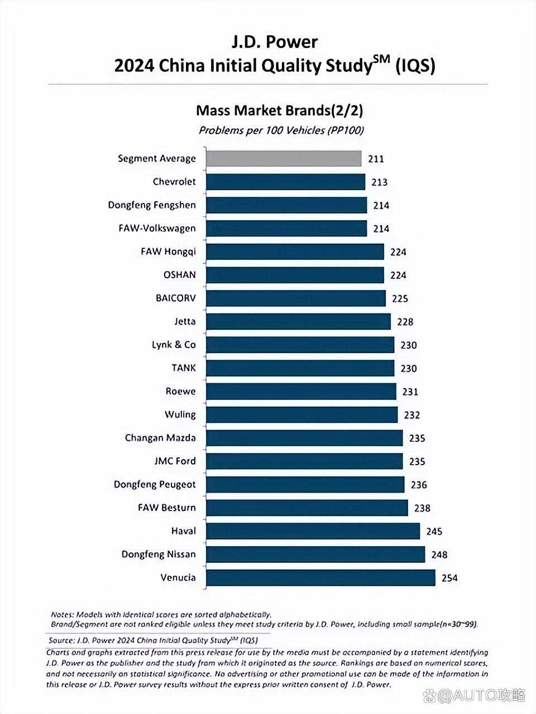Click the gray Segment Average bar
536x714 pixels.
tap(284, 158)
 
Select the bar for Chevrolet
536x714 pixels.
tap(285, 182)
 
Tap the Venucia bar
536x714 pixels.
tap(320, 578)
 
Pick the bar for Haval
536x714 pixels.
tap(313, 531)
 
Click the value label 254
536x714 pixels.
tap(449, 578)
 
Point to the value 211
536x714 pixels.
tap(376, 159)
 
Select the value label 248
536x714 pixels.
tap(439, 554)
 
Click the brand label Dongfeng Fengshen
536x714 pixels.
tap(152, 205)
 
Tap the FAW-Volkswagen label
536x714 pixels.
tap(157, 228)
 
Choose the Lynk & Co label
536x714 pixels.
tap(174, 345)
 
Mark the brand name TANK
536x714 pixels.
tap(184, 368)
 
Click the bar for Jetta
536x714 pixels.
tap(298, 321)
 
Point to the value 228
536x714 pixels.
tap(405, 322)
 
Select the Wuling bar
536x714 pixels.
tap(301, 414)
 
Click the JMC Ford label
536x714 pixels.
tap(175, 461)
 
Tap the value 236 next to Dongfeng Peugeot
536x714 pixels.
tap(419, 485)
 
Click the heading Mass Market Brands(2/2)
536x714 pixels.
tap(279, 110)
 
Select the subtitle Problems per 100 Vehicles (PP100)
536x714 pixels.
tap(281, 131)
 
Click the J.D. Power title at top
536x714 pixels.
tap(275, 42)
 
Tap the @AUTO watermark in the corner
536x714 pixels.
tap(475, 695)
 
